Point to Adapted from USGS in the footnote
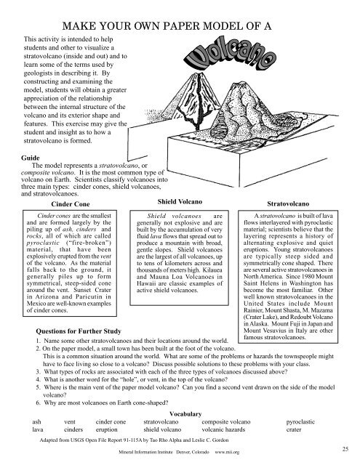(70, 441)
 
